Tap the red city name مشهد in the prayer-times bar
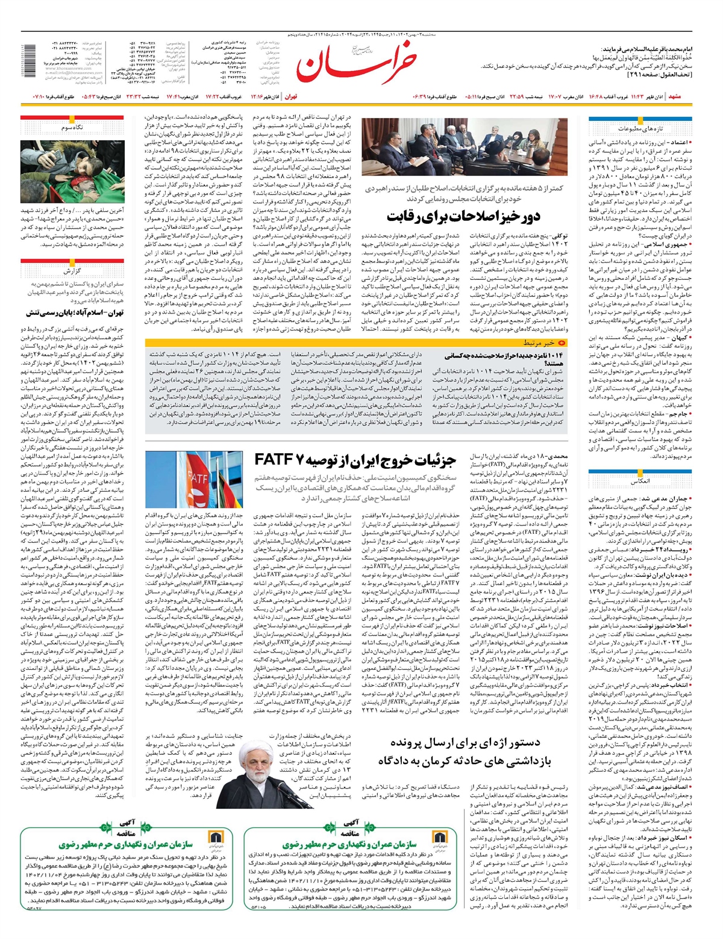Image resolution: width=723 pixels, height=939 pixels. click(674, 96)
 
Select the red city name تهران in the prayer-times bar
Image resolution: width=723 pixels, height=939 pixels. click(290, 96)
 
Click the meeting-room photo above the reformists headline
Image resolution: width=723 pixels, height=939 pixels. click(473, 147)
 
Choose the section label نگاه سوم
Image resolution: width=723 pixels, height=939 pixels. click(72, 128)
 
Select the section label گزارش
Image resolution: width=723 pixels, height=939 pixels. click(72, 270)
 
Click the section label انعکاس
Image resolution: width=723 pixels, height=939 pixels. click(640, 482)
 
